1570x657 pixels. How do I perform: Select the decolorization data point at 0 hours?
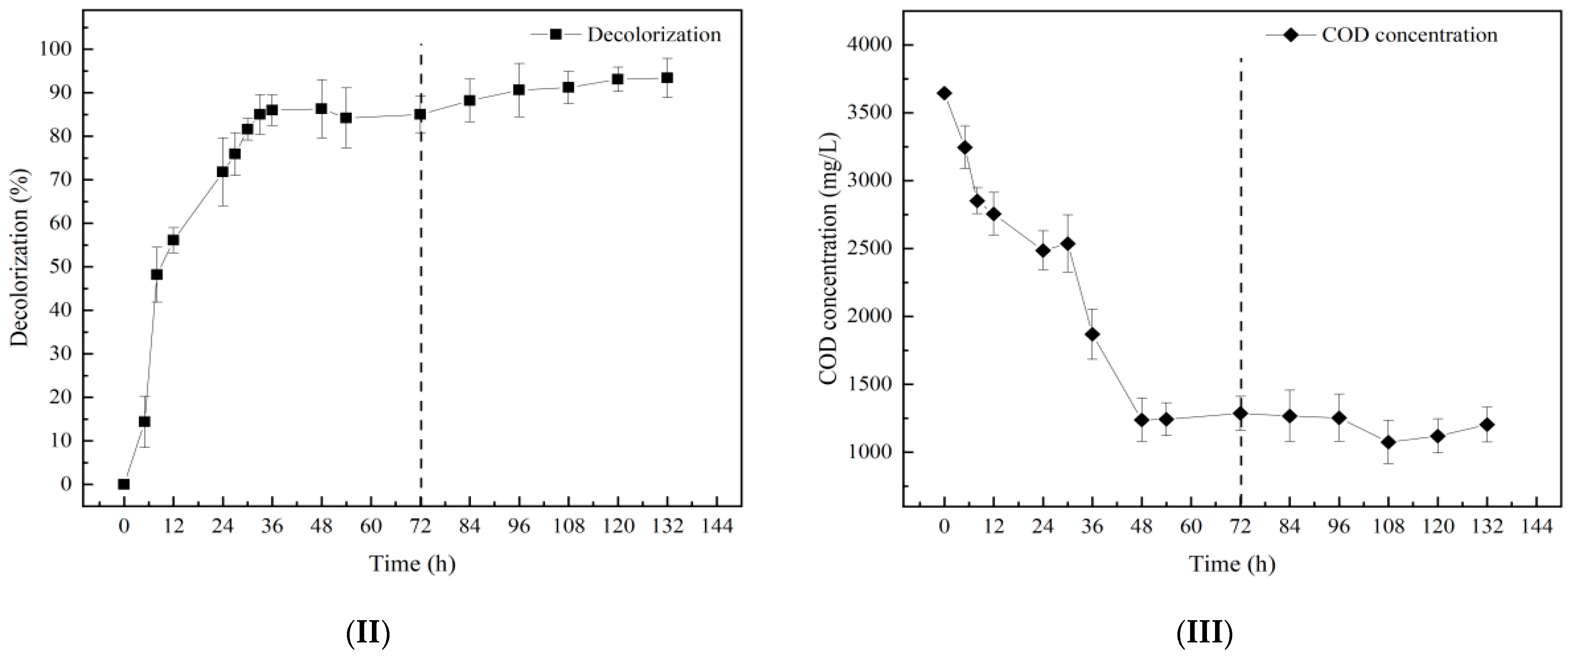[124, 484]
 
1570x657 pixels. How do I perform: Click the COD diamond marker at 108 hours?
[1388, 442]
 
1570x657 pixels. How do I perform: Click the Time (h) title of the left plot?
[412, 564]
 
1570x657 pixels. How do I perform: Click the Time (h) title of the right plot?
[1232, 564]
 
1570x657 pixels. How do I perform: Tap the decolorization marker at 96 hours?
[518, 89]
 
